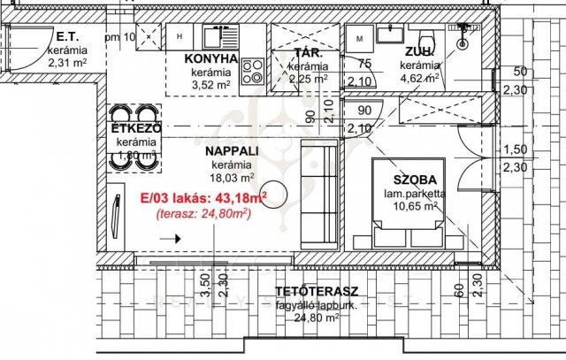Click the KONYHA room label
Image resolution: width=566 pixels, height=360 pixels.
211,59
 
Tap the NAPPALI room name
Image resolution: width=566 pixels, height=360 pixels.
232,150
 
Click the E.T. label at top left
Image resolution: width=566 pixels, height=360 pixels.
69,37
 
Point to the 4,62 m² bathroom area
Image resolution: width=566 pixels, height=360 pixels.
420,78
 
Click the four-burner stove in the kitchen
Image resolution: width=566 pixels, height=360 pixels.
251,69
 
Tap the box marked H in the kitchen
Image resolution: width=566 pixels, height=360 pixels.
180,37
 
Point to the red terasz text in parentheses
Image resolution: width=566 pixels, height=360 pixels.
198,214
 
